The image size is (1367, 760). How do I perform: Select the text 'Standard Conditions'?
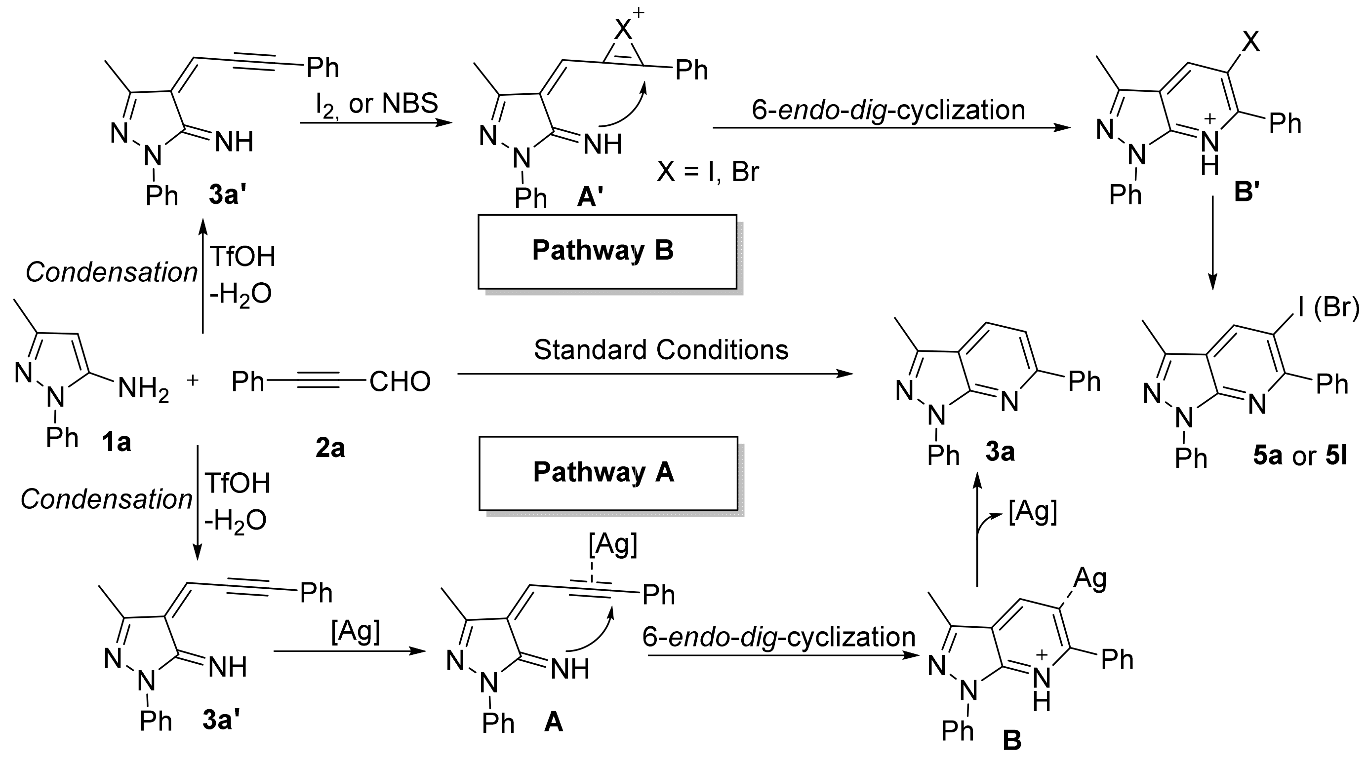click(661, 350)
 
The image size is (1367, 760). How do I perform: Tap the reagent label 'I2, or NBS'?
click(377, 104)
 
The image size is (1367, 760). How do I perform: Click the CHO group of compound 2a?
click(400, 382)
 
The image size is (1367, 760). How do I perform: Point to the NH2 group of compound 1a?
click(143, 390)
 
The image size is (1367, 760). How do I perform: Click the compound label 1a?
click(116, 442)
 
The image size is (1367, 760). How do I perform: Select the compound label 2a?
click(329, 449)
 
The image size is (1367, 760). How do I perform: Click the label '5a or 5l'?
click(1300, 456)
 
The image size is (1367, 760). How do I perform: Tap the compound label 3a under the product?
click(1000, 452)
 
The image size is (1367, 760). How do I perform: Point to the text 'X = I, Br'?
click(707, 172)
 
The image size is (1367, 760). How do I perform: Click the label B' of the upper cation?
click(1246, 192)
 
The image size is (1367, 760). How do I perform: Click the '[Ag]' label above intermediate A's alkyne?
click(612, 544)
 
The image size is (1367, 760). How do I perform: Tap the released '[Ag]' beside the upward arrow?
click(1032, 512)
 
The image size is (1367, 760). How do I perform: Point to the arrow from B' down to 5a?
click(1212, 242)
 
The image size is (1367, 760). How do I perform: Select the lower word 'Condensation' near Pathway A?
click(106, 499)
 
